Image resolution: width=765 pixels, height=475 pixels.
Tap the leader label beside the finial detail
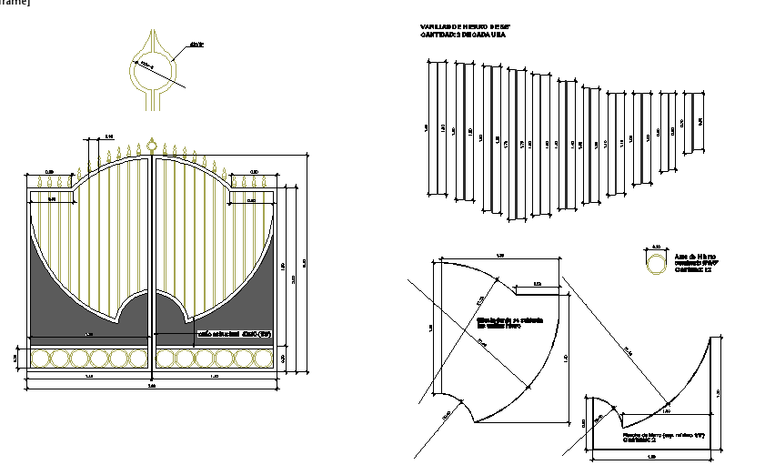196,43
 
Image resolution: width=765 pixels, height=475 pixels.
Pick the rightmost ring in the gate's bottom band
264,359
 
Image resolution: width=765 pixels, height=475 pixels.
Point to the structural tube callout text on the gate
235,334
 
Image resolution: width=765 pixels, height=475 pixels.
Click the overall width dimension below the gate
152,387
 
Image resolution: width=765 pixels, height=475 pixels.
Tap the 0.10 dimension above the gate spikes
109,136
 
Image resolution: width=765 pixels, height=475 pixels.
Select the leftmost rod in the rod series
438,127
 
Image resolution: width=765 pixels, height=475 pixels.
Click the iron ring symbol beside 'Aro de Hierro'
655,264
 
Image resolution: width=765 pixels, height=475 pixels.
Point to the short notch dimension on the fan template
537,285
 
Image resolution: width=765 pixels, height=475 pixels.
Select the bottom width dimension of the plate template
652,456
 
